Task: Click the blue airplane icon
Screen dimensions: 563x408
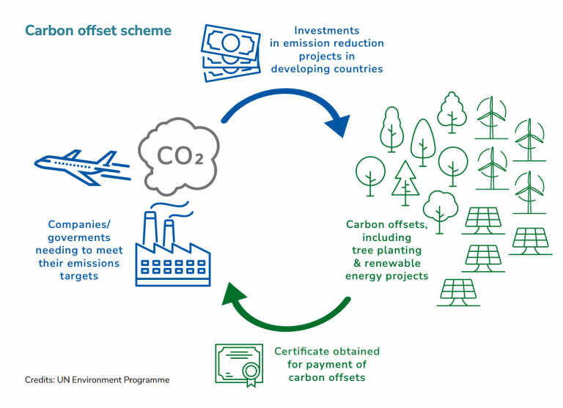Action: tap(83, 168)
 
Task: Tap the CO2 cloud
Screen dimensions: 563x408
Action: tap(179, 157)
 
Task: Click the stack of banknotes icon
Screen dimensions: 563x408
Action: tap(230, 53)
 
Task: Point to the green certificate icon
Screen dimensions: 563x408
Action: tap(239, 365)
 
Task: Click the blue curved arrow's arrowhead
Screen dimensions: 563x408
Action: tap(339, 125)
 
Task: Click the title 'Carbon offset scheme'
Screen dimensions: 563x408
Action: tap(98, 31)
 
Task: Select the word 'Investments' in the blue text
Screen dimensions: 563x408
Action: tap(327, 31)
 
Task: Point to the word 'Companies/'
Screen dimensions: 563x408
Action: tap(79, 225)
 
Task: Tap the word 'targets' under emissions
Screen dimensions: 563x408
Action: tap(79, 276)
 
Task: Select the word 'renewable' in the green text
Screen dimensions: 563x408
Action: tap(392, 264)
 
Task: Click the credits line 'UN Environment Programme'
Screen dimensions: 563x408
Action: tap(113, 380)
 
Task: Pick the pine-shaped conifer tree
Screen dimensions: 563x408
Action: tap(405, 183)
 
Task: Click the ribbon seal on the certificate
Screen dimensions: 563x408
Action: tap(251, 374)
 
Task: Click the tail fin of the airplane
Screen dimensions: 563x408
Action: tap(108, 158)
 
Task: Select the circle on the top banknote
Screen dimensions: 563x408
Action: tap(230, 42)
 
